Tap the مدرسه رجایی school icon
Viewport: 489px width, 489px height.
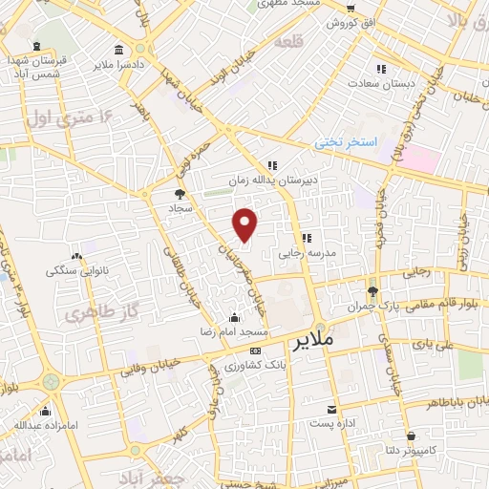pyautogui.click(x=307, y=238)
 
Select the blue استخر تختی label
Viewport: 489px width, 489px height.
pyautogui.click(x=347, y=141)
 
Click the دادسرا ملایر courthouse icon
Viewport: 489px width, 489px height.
pyautogui.click(x=118, y=50)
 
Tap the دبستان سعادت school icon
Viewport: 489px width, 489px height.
pyautogui.click(x=380, y=69)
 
